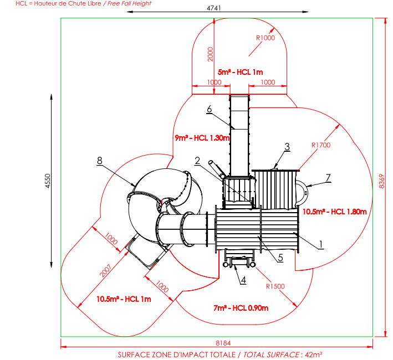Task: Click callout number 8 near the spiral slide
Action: [99, 161]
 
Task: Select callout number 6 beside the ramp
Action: [210, 109]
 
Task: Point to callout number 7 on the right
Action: [328, 177]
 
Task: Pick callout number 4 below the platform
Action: [243, 280]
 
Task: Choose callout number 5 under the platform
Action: [280, 256]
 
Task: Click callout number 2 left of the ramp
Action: [197, 160]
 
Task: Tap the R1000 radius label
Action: [266, 38]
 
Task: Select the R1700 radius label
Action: [321, 145]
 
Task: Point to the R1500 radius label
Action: [275, 286]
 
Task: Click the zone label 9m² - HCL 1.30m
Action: [202, 137]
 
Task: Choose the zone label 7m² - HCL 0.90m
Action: [241, 308]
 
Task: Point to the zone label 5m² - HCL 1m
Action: [240, 72]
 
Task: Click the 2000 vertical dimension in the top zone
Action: [210, 54]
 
